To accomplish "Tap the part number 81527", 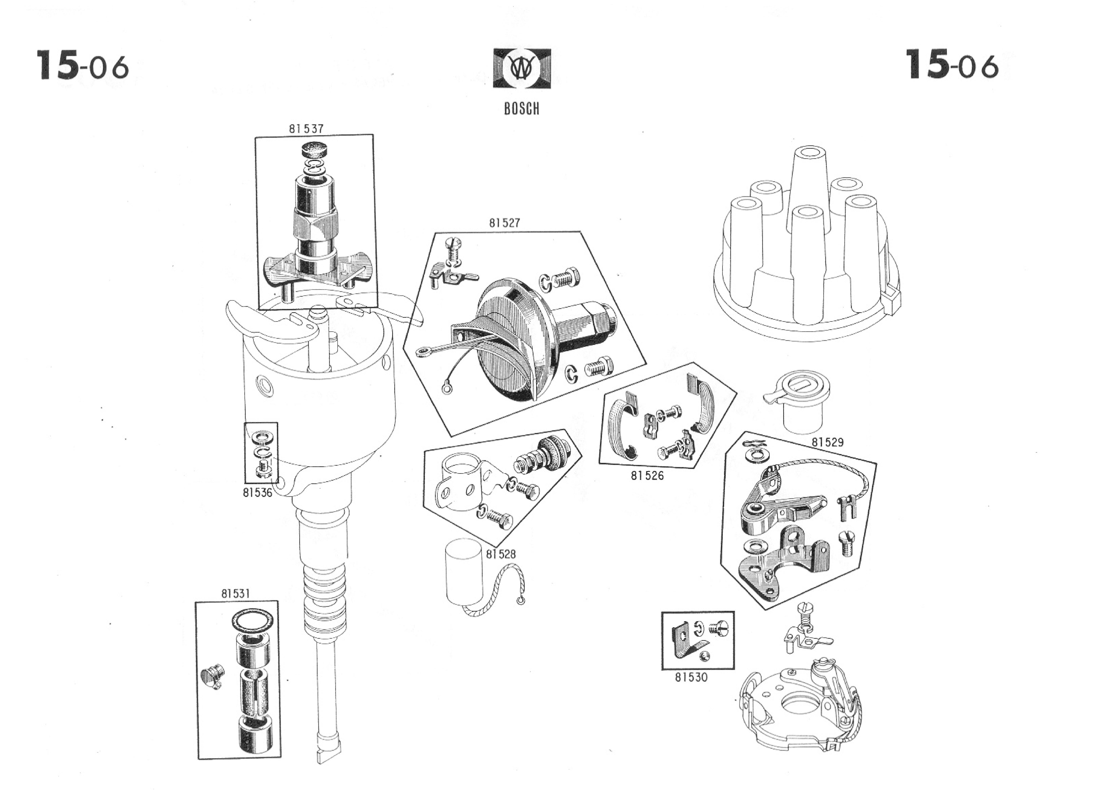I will coord(504,223).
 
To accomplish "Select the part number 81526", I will coord(647,475).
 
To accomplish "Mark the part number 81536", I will coord(258,493).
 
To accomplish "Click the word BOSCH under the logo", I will coord(521,109).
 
